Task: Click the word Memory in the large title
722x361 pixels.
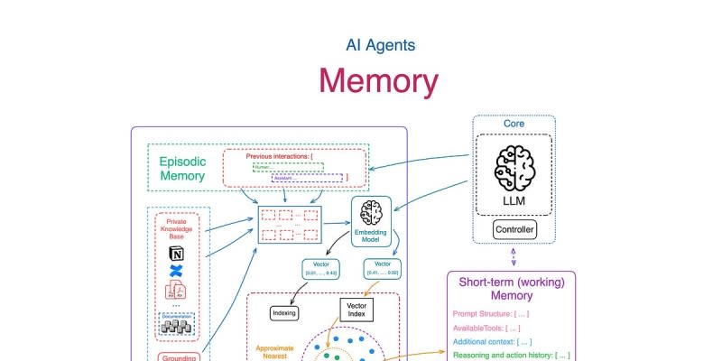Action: coord(378,80)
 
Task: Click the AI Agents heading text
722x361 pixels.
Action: coord(380,44)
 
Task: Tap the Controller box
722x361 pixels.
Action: coord(514,230)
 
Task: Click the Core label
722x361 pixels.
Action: coord(514,123)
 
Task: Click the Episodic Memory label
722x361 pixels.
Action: coord(182,168)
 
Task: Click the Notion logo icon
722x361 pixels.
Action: coord(176,254)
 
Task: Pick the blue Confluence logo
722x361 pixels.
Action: coord(176,272)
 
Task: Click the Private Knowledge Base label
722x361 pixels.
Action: coord(176,231)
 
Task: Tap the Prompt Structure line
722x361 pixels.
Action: coord(491,313)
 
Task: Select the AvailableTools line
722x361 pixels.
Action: coord(486,328)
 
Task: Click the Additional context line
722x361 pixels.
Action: coord(493,342)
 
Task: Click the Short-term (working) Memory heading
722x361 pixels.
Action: coord(512,289)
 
